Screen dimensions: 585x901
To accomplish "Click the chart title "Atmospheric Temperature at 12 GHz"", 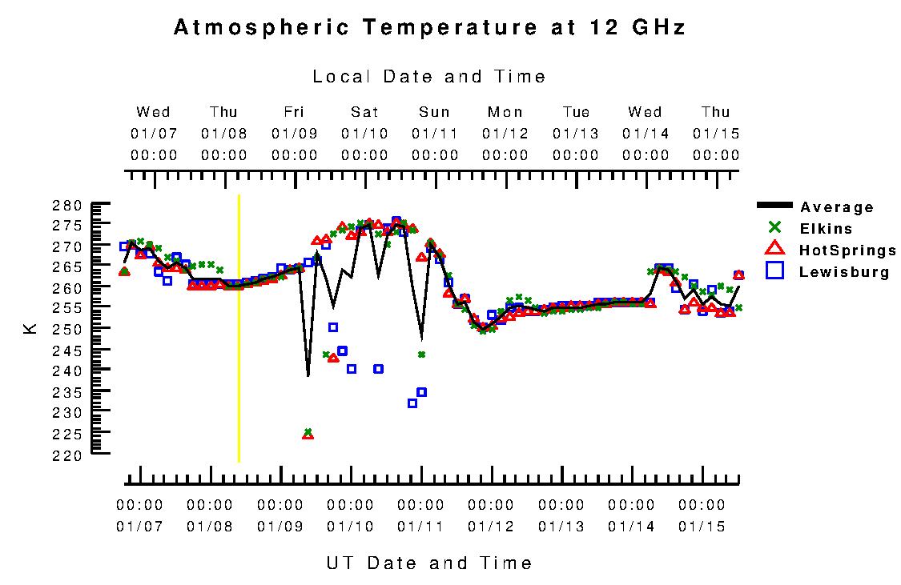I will coord(429,27).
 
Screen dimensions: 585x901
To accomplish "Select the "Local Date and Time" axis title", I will coord(429,77).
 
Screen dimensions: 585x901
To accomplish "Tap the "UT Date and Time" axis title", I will coord(429,563).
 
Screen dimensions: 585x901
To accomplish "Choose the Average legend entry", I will coord(837,207).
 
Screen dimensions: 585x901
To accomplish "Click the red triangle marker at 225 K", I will coord(308,435).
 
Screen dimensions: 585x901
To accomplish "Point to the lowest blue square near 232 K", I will coord(412,403).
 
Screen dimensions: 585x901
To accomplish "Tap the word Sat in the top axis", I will coord(364,112).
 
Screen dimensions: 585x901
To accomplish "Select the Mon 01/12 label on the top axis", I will coord(505,133).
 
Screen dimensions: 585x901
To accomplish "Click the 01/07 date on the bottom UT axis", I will coord(139,526).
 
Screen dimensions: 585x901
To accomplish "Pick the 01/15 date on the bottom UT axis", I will coord(702,526).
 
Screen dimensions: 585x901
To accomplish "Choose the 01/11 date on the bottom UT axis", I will coord(420,526).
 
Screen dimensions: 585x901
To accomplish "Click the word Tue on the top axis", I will coord(575,112).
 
